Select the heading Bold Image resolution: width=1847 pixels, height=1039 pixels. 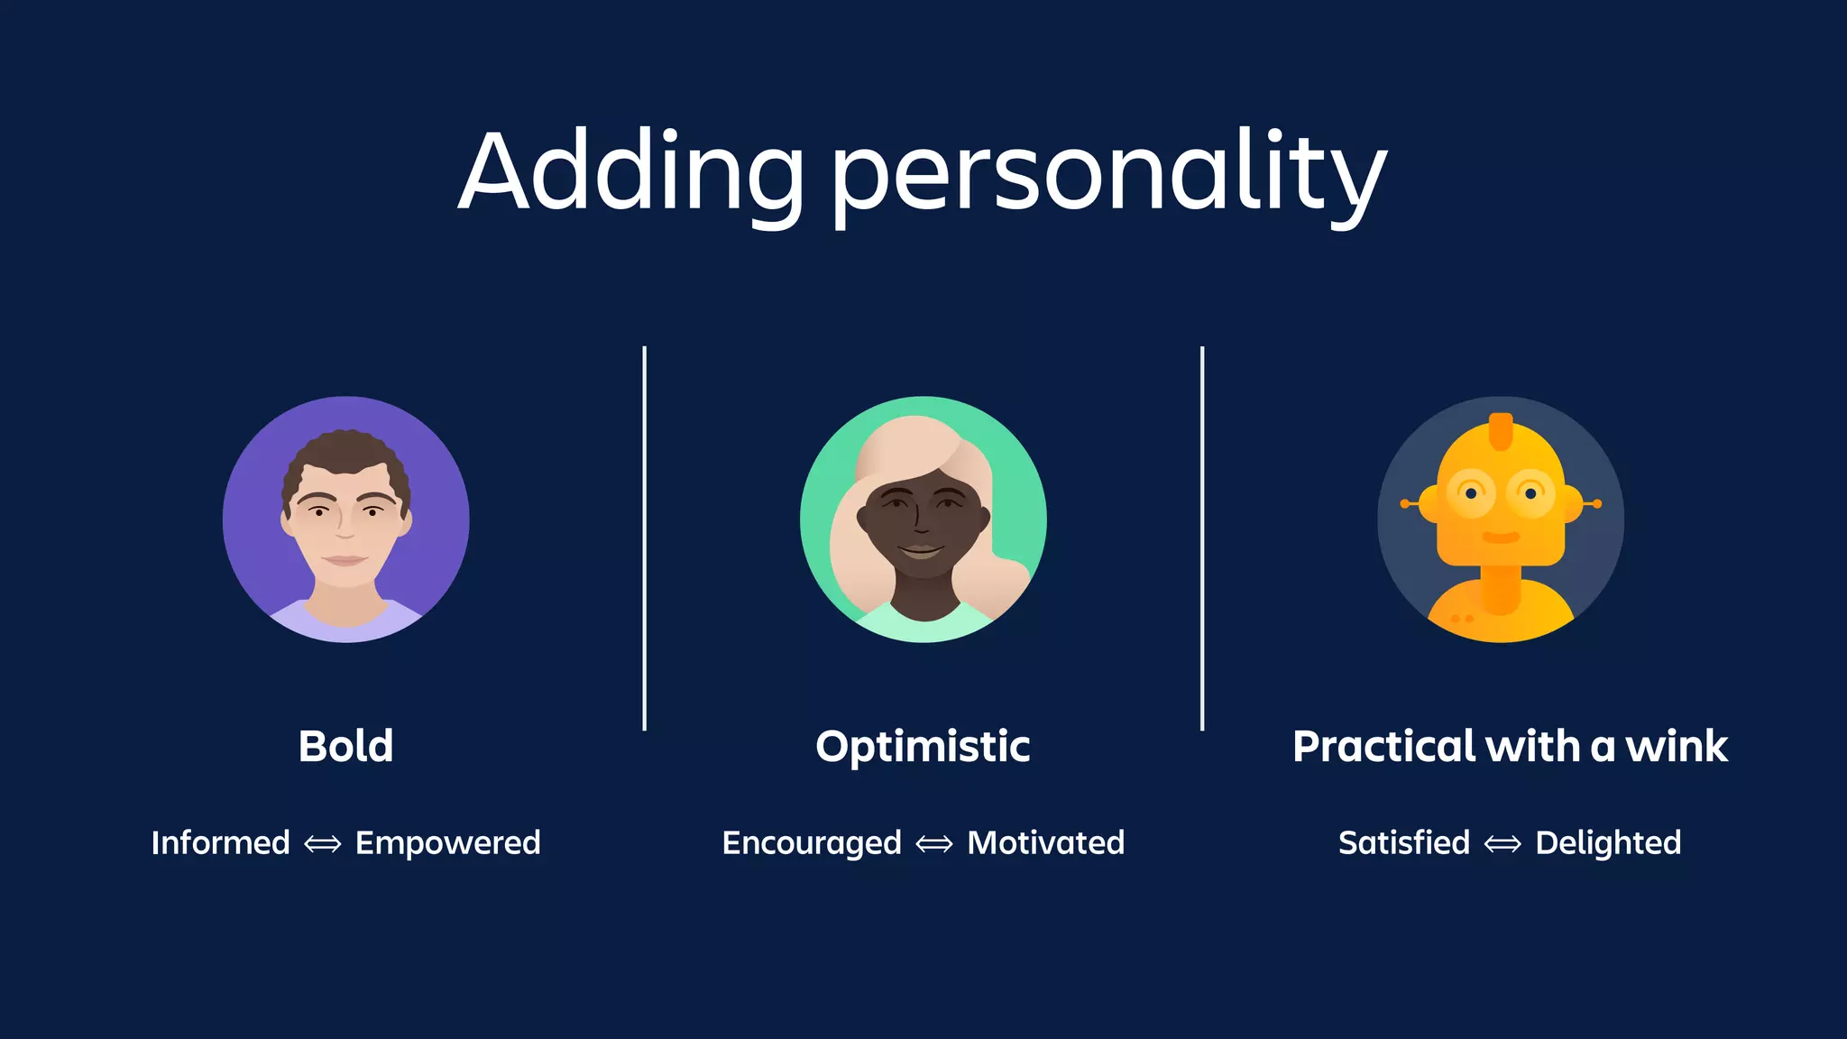pos(346,747)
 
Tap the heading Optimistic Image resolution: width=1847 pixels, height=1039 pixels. pos(923,747)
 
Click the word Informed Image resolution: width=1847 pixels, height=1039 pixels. pos(221,843)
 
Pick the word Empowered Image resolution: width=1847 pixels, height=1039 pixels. pos(448,843)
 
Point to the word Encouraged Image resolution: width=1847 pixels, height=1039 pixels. pos(812,843)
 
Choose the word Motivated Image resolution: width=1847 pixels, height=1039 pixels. pos(1046,843)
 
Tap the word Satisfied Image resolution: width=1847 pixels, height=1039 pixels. pos(1404,843)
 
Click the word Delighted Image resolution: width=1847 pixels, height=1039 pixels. pos(1608,843)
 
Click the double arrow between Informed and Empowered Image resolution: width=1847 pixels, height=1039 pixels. pos(323,844)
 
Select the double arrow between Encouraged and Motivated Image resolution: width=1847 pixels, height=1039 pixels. pos(934,844)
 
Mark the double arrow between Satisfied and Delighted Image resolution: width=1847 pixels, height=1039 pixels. pos(1502,844)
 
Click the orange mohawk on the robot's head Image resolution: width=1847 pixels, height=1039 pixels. pos(1501,431)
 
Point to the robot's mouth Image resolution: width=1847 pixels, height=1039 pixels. pos(1501,538)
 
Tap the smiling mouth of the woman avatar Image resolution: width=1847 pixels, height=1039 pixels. pos(922,549)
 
